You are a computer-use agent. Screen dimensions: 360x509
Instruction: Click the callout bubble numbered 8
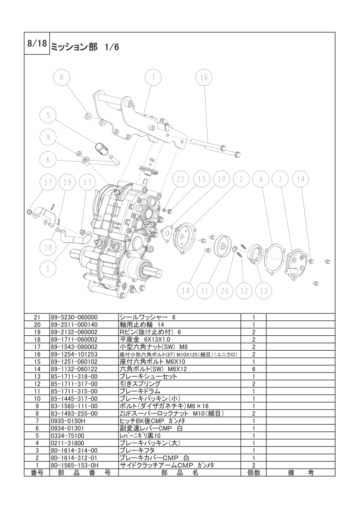pyautogui.click(x=62, y=78)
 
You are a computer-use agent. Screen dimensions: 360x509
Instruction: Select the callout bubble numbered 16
pyautogui.click(x=204, y=78)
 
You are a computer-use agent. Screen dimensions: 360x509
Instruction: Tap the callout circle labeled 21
pyautogui.click(x=181, y=179)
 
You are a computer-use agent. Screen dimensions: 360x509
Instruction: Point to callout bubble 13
pyautogui.click(x=264, y=290)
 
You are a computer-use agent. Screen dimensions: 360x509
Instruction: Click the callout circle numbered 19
pyautogui.click(x=67, y=182)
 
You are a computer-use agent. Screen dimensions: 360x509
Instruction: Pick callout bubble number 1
pyautogui.click(x=48, y=269)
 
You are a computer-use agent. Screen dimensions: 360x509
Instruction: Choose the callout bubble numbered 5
pyautogui.click(x=48, y=115)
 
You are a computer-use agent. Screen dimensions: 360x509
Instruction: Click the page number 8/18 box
pyautogui.click(x=37, y=44)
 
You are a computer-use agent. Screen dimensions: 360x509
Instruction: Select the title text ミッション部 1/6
pyautogui.click(x=85, y=47)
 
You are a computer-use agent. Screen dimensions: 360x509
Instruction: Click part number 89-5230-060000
pyautogui.click(x=74, y=317)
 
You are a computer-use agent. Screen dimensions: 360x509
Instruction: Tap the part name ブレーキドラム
pyautogui.click(x=140, y=391)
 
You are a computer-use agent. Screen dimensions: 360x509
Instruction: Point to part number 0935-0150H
pyautogui.click(x=66, y=421)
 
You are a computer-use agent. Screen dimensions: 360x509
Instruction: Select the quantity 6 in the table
pyautogui.click(x=253, y=369)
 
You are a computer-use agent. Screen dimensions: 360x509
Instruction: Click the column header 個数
pyautogui.click(x=253, y=473)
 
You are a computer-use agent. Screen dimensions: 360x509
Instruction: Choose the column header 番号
pyautogui.click(x=37, y=473)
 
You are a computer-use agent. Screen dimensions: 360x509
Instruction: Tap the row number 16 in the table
pyautogui.click(x=37, y=354)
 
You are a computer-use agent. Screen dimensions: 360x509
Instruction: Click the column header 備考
pyautogui.click(x=301, y=473)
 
